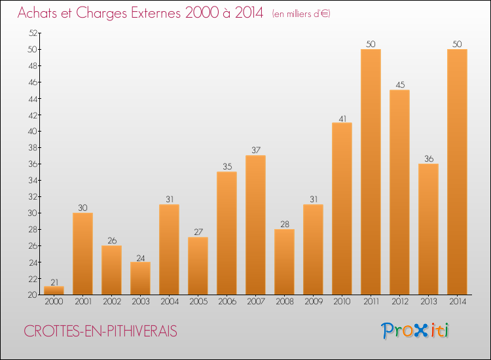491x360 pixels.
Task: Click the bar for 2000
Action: click(54, 291)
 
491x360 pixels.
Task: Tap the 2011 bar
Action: click(371, 171)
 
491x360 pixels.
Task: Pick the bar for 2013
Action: click(428, 228)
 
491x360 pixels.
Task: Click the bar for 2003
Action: click(140, 278)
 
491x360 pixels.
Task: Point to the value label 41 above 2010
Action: click(342, 118)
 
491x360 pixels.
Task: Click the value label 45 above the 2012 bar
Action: click(399, 85)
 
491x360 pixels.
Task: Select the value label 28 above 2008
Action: click(284, 225)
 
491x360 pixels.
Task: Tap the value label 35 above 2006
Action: click(227, 167)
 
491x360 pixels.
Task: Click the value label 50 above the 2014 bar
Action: click(457, 44)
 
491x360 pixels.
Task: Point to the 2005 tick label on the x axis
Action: click(198, 302)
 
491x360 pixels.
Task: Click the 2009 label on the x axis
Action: click(313, 302)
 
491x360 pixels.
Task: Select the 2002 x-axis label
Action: click(111, 302)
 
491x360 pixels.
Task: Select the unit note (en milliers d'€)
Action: click(301, 14)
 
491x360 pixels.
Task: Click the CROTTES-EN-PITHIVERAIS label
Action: click(100, 332)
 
